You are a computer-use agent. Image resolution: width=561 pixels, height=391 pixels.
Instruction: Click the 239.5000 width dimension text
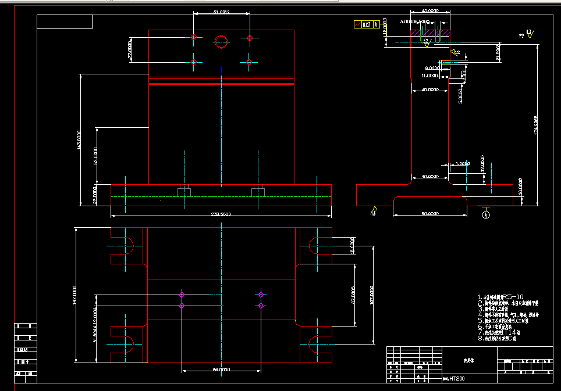(221, 214)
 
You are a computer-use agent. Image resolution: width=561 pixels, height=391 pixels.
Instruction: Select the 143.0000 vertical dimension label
(79, 139)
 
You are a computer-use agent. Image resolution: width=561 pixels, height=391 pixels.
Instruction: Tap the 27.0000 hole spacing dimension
(130, 49)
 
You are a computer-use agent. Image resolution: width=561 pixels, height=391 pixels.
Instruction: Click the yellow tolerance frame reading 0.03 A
(367, 25)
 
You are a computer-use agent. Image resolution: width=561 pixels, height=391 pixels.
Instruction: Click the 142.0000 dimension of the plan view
(74, 295)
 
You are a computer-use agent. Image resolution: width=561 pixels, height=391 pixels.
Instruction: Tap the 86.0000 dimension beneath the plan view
(221, 370)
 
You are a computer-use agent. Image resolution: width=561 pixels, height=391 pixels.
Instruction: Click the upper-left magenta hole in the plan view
(182, 295)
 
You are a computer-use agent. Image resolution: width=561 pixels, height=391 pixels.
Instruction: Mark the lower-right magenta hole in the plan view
(261, 306)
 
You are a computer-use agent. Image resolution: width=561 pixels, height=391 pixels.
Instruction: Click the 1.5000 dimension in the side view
(463, 164)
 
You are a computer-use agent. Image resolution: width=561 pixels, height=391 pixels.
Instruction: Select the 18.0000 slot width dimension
(353, 246)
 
